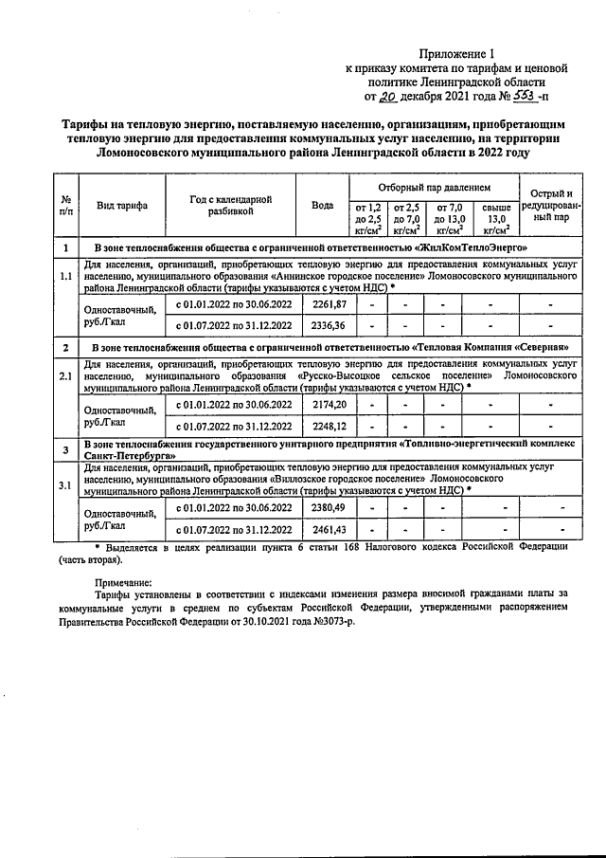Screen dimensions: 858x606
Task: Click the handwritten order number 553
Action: tap(522, 96)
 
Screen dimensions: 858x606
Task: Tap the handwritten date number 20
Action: tap(387, 97)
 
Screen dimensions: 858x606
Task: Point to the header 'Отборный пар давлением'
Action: tap(434, 188)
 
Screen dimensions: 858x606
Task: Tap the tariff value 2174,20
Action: tap(329, 405)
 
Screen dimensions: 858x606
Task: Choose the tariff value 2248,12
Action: tap(329, 426)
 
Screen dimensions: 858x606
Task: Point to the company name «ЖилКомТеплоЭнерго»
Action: tap(474, 246)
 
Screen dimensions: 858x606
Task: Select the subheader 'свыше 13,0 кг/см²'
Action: tap(496, 218)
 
